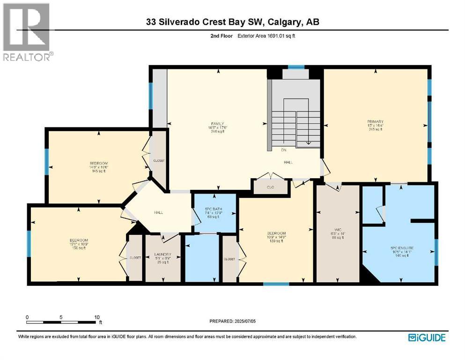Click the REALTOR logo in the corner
click(27, 31)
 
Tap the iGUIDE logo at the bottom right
click(427, 337)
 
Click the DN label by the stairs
click(284, 150)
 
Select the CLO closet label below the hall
click(270, 187)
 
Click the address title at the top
click(232, 22)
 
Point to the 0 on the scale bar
click(28, 316)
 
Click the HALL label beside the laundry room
click(158, 212)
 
